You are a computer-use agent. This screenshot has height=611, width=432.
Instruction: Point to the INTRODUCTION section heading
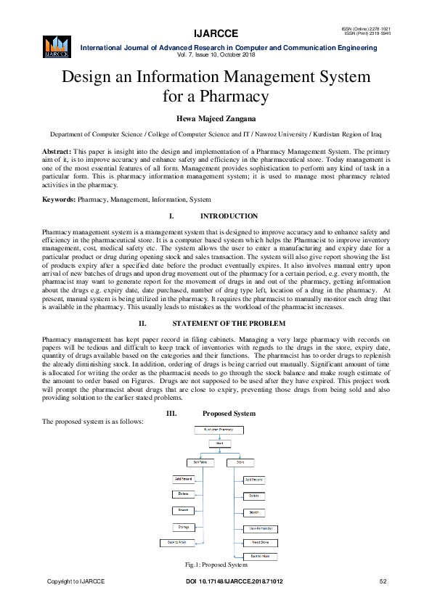click(229, 216)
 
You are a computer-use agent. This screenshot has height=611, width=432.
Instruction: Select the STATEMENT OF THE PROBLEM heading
click(229, 323)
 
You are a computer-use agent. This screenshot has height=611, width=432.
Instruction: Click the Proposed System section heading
click(229, 414)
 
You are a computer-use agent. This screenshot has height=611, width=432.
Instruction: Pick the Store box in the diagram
click(240, 462)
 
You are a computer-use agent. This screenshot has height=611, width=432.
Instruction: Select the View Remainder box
click(261, 528)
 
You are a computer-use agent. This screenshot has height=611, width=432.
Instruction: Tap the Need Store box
click(261, 542)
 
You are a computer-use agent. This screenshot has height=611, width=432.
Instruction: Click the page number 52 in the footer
click(383, 582)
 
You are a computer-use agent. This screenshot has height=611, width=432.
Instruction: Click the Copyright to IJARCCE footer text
click(76, 582)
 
